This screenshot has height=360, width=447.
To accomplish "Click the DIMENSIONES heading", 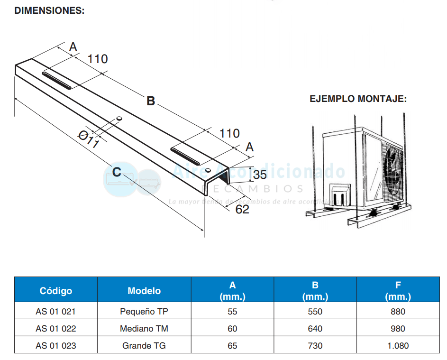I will point(50,10).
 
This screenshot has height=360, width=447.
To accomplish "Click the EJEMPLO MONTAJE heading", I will point(358,99).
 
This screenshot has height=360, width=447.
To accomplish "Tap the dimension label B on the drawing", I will point(151,101).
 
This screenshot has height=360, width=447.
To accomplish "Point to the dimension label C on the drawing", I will point(117,170).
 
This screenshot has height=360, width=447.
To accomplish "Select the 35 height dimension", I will point(260,175).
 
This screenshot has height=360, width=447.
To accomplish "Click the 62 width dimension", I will point(242,209).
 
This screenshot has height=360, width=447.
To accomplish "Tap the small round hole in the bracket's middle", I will point(119,118).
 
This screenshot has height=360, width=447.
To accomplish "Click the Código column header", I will point(56,290).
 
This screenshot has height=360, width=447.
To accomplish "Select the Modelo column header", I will point(144,291).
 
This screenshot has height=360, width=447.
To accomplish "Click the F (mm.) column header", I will point(398,291).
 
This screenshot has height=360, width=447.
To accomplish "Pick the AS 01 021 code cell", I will point(56,312).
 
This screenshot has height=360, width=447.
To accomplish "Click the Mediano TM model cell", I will point(144,329).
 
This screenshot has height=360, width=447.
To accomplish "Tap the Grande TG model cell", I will point(144,346).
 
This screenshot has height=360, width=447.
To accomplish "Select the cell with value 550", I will point(315,312).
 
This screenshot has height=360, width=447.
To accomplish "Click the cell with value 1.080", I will point(398,346).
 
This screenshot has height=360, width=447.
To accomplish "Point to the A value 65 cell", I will point(232,346).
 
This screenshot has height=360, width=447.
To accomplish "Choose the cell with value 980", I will point(398,329).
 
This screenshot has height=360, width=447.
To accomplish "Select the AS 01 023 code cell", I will point(56,346).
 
